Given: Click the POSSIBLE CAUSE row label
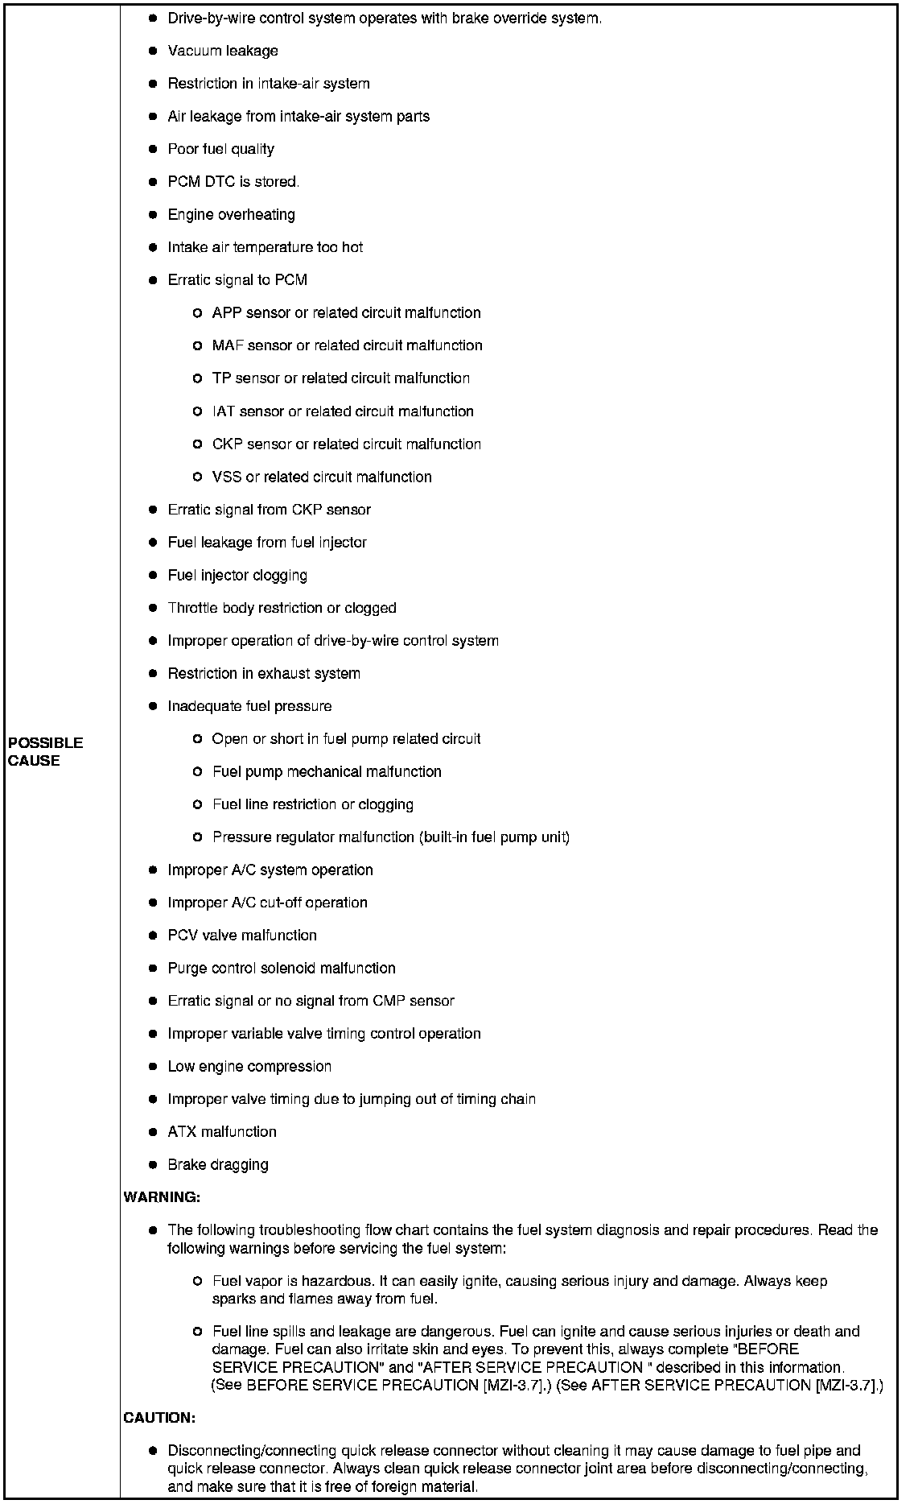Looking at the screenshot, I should click(x=46, y=751).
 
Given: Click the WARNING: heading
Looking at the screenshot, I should click(x=162, y=1197).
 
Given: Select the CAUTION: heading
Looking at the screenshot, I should click(x=159, y=1417).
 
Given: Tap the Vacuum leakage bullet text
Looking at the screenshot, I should click(x=223, y=51).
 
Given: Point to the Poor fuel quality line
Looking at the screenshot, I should click(x=220, y=149).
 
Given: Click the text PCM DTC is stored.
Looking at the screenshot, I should click(x=233, y=182).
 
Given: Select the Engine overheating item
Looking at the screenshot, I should click(x=231, y=215).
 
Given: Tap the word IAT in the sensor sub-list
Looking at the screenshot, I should click(x=224, y=411).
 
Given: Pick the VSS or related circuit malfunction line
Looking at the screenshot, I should click(x=322, y=477).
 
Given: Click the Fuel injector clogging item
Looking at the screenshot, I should click(x=237, y=575).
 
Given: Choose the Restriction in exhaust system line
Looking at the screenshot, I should click(x=264, y=673).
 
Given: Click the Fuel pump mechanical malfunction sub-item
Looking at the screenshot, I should click(x=327, y=771).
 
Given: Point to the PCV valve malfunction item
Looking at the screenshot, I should click(x=242, y=935).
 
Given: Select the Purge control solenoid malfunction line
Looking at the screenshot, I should click(x=282, y=968).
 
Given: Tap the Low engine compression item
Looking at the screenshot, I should click(x=249, y=1066).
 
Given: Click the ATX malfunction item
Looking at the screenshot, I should click(x=222, y=1131).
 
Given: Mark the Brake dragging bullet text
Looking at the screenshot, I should click(x=218, y=1164).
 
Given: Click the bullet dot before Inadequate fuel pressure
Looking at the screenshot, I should click(x=153, y=706).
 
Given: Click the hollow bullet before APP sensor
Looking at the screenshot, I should click(x=197, y=313).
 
